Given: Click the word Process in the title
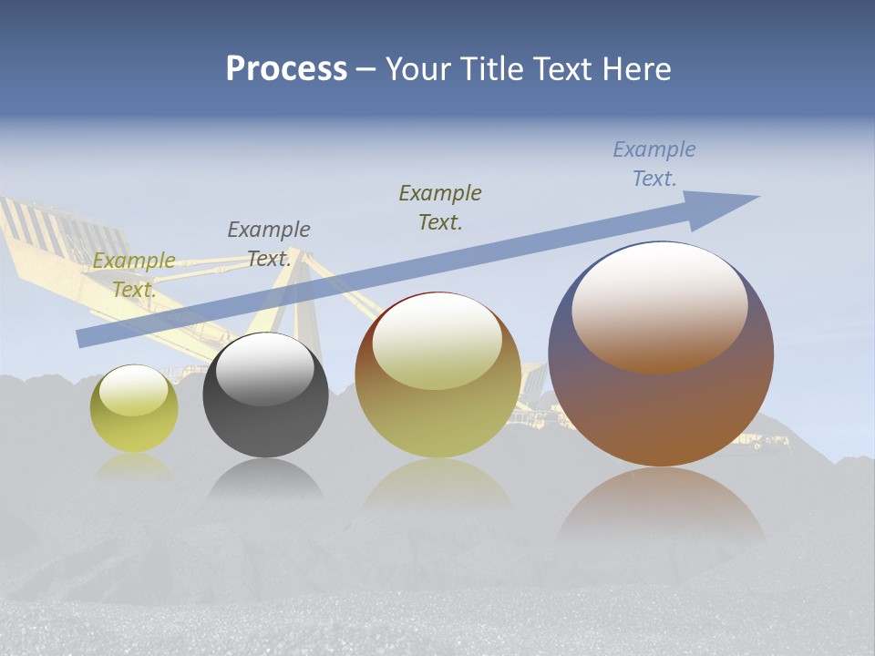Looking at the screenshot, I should [x=286, y=69].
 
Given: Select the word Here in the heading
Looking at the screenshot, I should [x=634, y=69].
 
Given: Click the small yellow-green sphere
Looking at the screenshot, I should [x=134, y=424].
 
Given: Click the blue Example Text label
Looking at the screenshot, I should [x=654, y=164].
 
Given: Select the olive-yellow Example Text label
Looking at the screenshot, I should [x=134, y=275].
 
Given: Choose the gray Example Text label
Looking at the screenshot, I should [x=269, y=244].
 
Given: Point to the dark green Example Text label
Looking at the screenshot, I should [x=440, y=208].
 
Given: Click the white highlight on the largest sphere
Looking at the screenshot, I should [x=659, y=305].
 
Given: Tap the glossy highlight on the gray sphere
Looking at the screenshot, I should [x=264, y=369].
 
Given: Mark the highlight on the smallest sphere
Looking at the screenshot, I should [x=133, y=390].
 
